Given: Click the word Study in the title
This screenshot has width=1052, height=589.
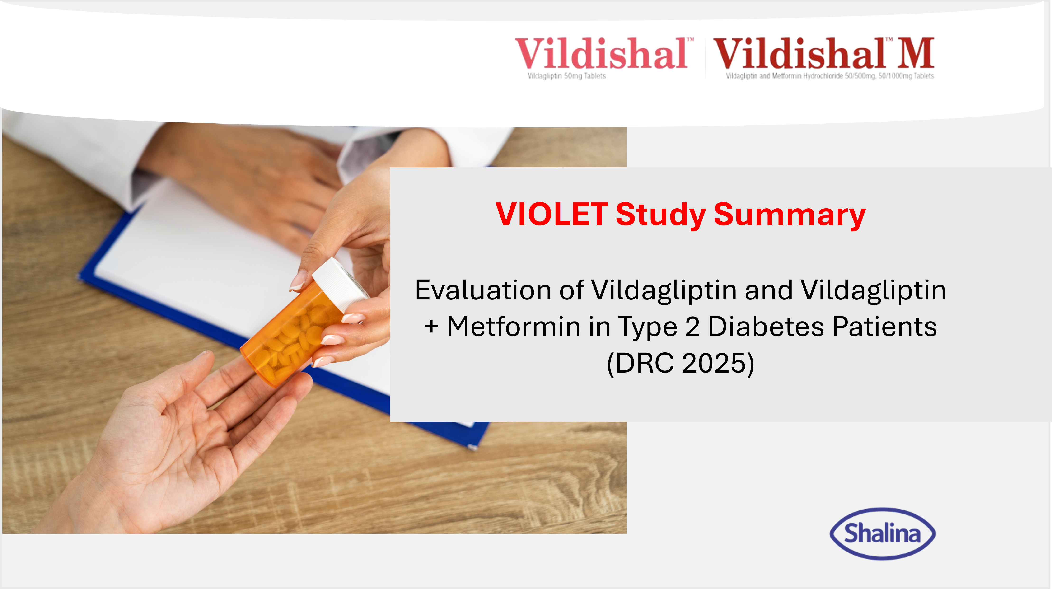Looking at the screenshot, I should [660, 215].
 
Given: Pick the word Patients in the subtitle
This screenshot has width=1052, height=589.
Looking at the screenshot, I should [884, 327].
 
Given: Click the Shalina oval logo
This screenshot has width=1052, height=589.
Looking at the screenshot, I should [883, 533].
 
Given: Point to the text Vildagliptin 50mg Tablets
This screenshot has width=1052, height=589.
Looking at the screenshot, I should [566, 76].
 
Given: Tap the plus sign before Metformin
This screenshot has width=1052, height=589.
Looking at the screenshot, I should [431, 327].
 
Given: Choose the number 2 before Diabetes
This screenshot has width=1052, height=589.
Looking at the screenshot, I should [692, 327].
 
